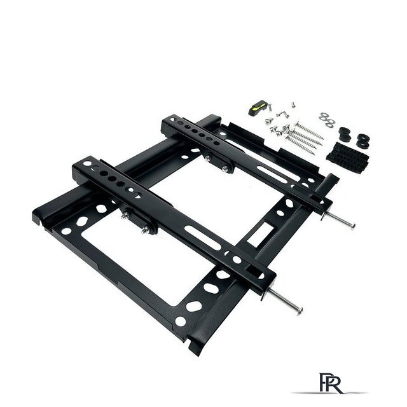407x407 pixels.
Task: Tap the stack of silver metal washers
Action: tap(327, 120)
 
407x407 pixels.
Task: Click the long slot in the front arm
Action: tap(202, 238)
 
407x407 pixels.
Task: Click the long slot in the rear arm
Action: tap(275, 174)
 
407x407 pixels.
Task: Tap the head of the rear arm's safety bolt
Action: tap(352, 226)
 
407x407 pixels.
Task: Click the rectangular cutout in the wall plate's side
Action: tap(260, 233)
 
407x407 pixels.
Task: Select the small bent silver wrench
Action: tap(282, 114)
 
